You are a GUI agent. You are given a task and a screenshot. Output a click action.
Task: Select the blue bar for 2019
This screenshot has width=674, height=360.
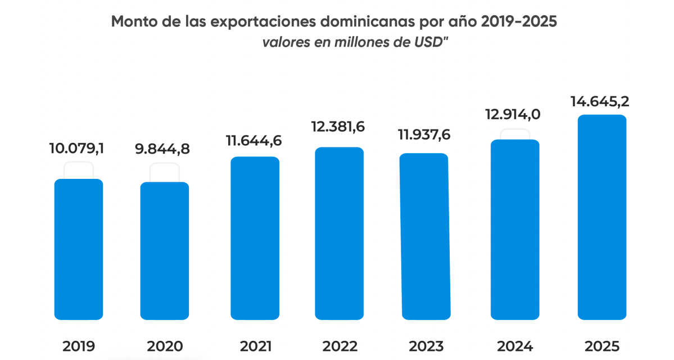[x=78, y=249]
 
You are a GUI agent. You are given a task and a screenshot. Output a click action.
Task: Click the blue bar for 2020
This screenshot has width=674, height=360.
[x=164, y=250]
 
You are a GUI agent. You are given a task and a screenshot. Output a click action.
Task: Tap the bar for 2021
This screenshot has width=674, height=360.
[x=255, y=237]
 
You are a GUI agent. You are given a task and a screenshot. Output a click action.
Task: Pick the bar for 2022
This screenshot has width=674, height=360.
[x=339, y=233]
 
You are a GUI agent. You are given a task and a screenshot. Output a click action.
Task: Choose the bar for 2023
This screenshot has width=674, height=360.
[x=424, y=236]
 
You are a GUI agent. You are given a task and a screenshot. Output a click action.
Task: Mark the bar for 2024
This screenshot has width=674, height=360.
[x=515, y=229]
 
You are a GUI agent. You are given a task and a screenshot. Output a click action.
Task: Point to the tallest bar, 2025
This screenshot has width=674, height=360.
[x=602, y=217]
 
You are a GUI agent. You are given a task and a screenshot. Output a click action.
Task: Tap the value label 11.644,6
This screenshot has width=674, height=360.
[x=254, y=141]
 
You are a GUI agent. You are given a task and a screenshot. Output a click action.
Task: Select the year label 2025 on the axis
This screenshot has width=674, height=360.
[x=602, y=345]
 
